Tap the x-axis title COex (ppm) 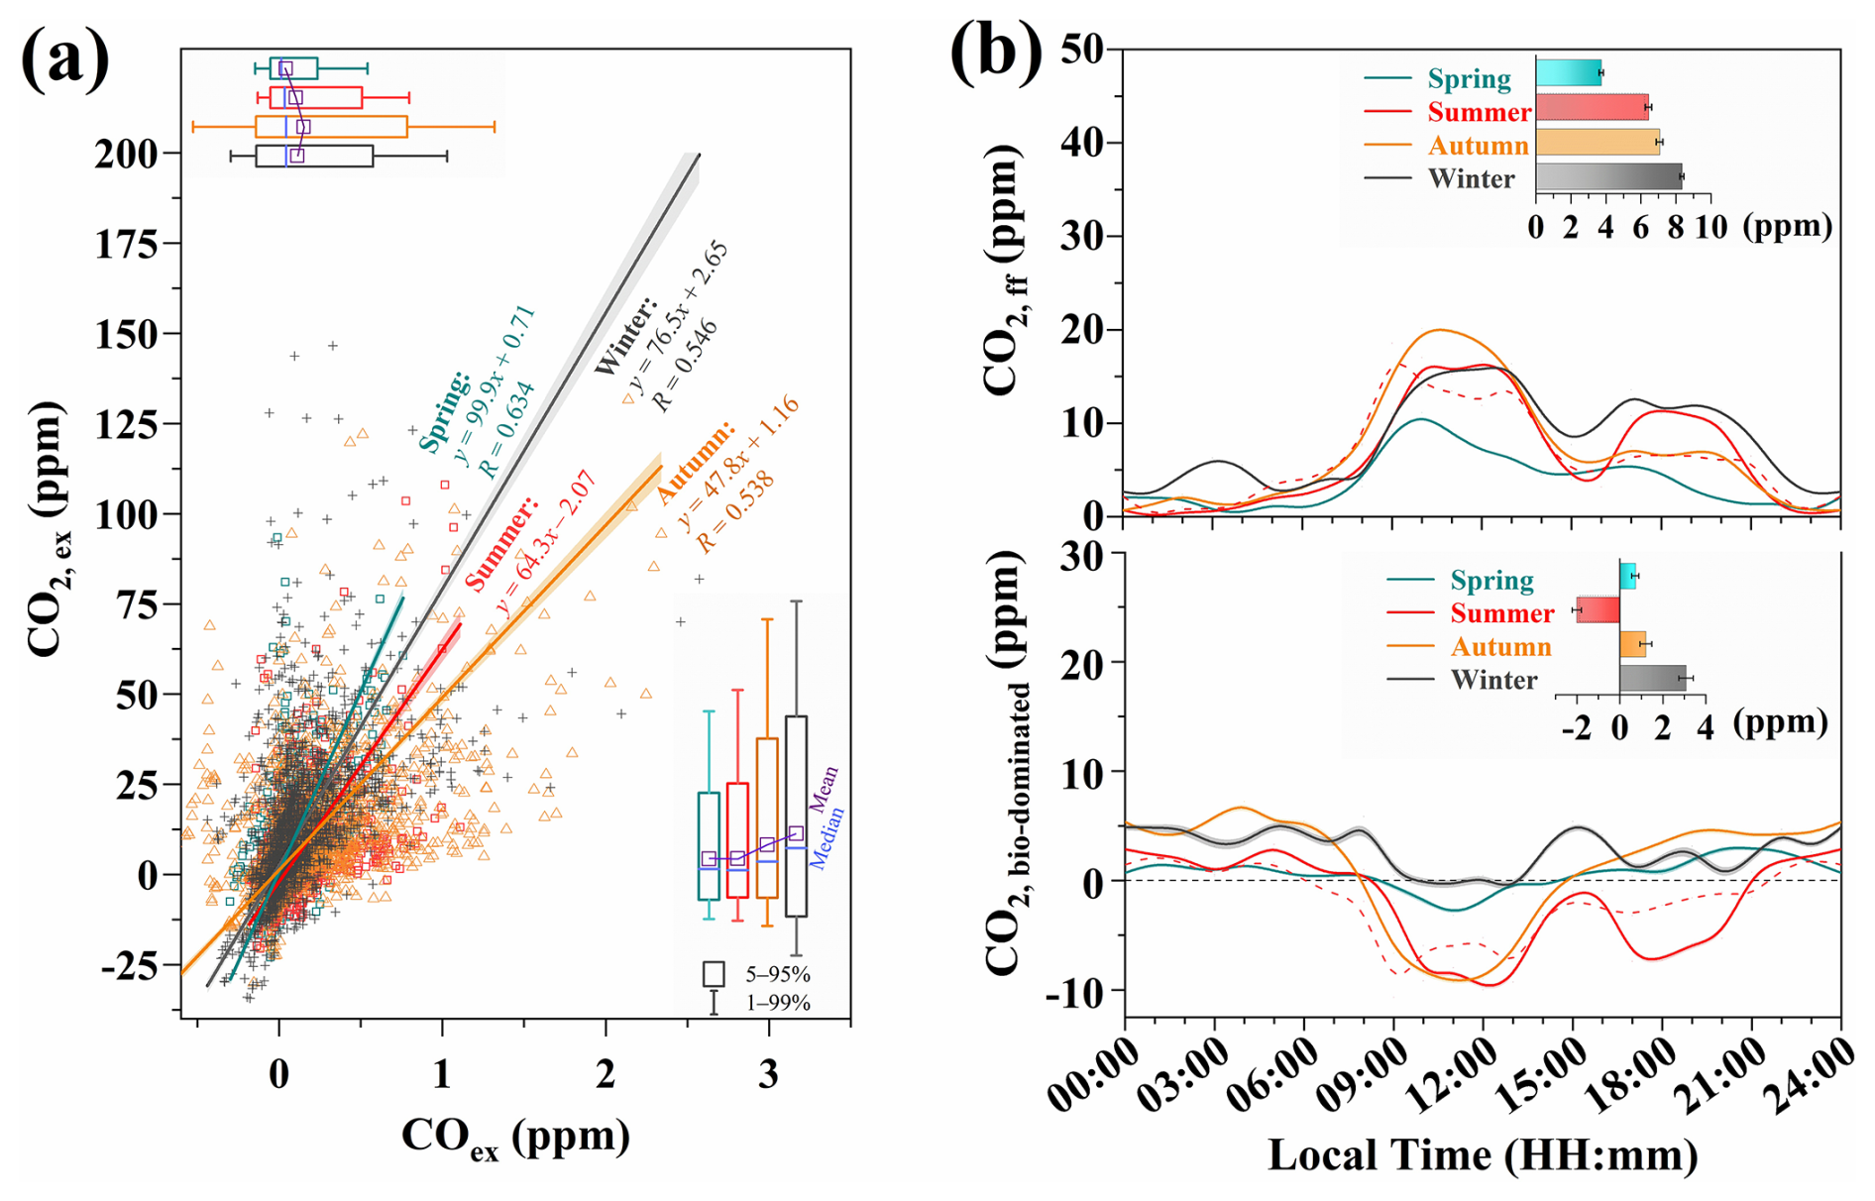[x=515, y=1137]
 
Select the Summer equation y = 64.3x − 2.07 [x=546, y=544]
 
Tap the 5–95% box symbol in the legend [x=714, y=973]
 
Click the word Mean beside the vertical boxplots [x=824, y=789]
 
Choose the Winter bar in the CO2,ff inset [x=1608, y=177]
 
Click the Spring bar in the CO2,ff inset [x=1568, y=72]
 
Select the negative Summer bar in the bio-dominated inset [x=1598, y=609]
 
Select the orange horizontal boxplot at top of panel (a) [x=331, y=127]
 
